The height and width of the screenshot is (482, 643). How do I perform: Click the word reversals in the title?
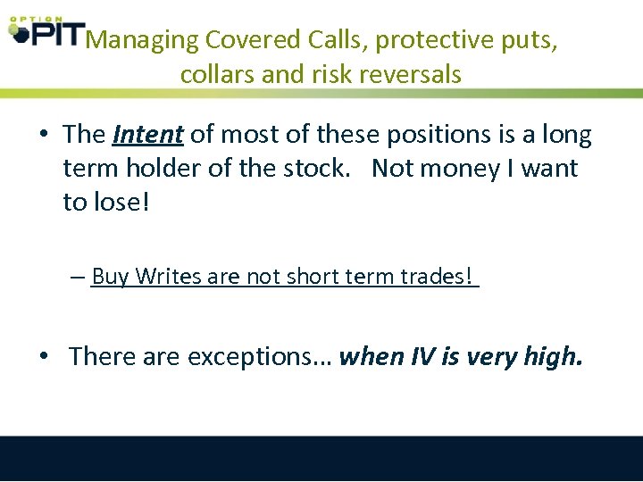410,74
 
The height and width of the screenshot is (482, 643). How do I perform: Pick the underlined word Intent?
148,135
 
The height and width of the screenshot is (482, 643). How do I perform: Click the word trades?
435,277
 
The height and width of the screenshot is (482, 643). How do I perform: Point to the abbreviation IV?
423,356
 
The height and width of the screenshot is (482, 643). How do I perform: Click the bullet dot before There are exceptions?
43,357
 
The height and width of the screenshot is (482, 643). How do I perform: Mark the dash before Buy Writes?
78,278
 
